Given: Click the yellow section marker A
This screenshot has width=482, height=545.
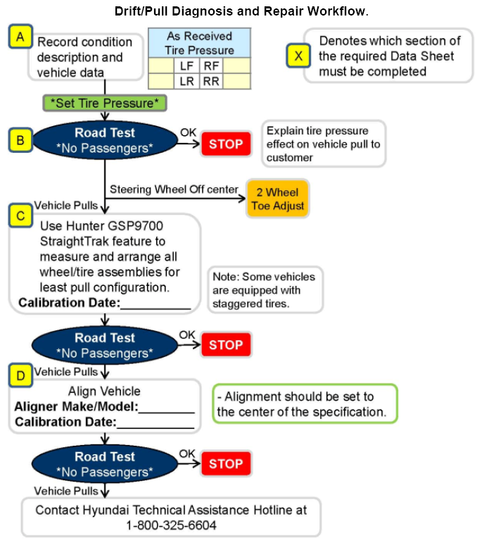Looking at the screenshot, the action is (20, 36).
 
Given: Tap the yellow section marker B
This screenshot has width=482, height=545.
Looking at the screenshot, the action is (20, 140).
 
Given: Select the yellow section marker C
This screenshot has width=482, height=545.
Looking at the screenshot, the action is (20, 216).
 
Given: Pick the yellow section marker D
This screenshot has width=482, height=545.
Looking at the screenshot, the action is (20, 375).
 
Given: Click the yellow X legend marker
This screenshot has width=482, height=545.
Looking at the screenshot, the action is (298, 56).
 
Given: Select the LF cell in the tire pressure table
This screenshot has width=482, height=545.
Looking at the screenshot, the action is (186, 65).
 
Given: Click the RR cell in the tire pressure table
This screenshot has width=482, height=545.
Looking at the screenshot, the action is (211, 82).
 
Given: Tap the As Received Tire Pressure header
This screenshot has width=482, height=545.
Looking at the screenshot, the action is (199, 43).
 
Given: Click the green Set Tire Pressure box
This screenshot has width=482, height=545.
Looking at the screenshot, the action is (105, 104).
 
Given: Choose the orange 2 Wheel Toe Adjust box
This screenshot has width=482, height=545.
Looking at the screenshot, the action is (277, 199).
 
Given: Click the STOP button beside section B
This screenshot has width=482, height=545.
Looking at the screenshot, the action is (226, 144).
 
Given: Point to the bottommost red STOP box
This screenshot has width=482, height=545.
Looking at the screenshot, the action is (226, 463).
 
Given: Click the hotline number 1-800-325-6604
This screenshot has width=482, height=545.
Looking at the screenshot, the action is (171, 525).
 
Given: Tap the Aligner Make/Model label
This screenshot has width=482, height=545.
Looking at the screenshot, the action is (77, 406).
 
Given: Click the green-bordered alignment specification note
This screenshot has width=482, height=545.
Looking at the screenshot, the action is (305, 403).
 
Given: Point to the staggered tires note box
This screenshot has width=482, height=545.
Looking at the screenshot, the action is (265, 290).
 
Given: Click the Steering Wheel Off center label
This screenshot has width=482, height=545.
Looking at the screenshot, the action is (174, 189).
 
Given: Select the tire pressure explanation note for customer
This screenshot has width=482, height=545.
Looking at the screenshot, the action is (324, 144).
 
